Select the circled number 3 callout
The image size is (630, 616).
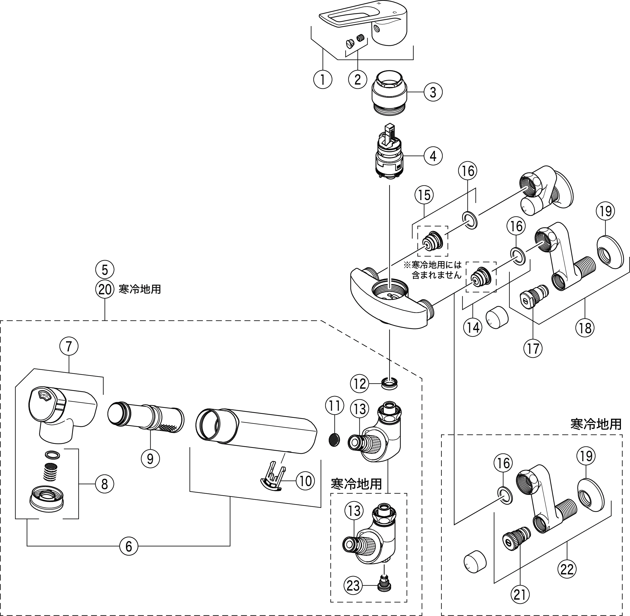pyautogui.click(x=433, y=92)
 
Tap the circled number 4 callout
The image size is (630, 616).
pyautogui.click(x=433, y=156)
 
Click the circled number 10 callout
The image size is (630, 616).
pyautogui.click(x=305, y=481)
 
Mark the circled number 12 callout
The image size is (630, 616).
pyautogui.click(x=360, y=384)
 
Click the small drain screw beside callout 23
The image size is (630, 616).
pyautogui.click(x=385, y=586)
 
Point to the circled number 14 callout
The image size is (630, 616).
pyautogui.click(x=473, y=327)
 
